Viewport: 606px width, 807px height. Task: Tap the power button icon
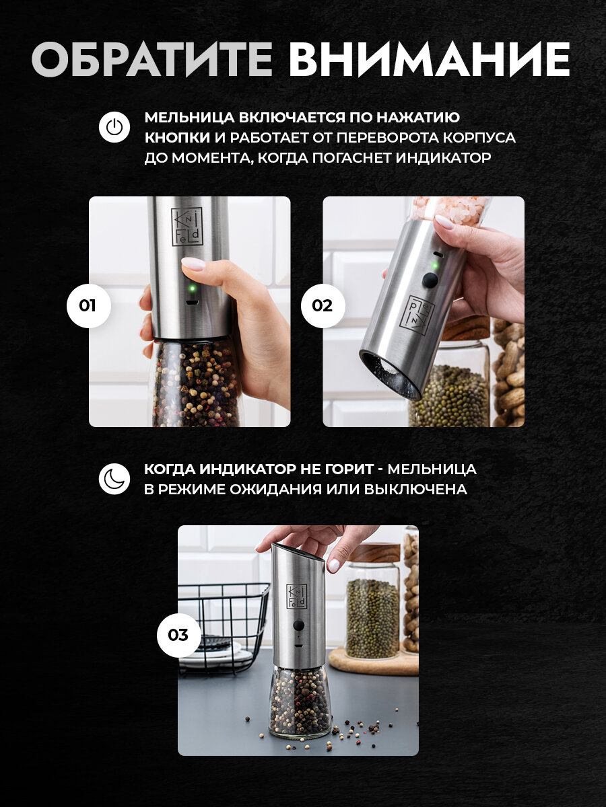click(x=114, y=127)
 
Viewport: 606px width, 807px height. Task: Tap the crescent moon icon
click(x=114, y=479)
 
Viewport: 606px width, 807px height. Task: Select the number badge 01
click(x=88, y=305)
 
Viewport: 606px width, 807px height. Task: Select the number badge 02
click(x=323, y=305)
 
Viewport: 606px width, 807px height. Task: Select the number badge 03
click(x=178, y=635)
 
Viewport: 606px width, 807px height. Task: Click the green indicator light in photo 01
click(x=192, y=289)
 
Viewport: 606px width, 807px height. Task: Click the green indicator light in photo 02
click(x=434, y=265)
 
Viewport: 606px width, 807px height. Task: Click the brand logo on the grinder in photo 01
click(x=187, y=227)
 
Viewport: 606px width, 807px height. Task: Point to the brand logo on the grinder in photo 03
click(x=296, y=596)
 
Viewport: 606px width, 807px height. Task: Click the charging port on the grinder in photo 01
click(x=192, y=303)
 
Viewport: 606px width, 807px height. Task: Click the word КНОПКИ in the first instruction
click(x=177, y=138)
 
